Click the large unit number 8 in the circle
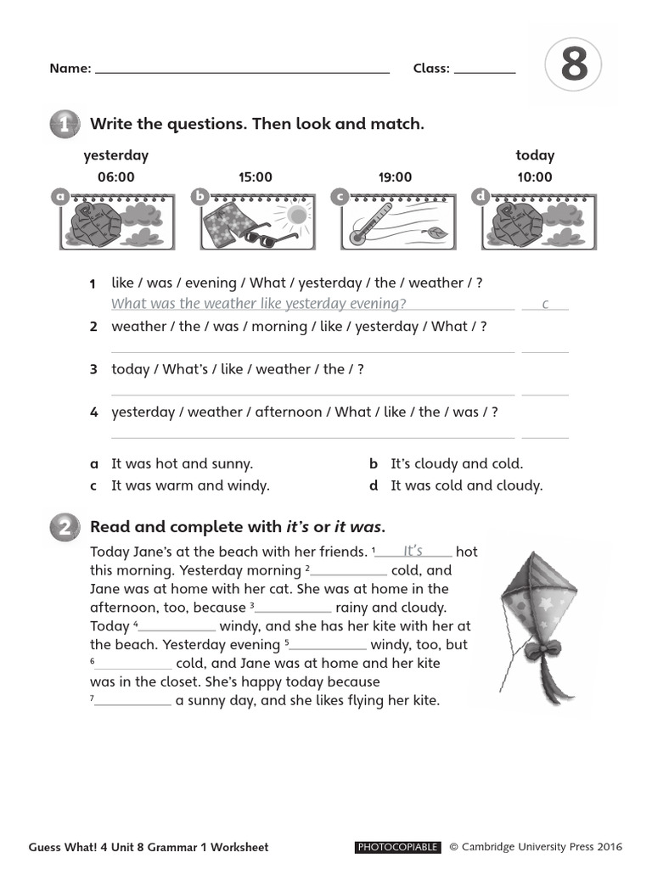pyautogui.click(x=574, y=66)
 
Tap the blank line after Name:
pyautogui.click(x=242, y=70)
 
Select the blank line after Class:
pyautogui.click(x=485, y=70)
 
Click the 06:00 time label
pyautogui.click(x=116, y=177)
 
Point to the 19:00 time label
pyautogui.click(x=395, y=177)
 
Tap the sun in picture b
pyautogui.click(x=296, y=215)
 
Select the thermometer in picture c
pyautogui.click(x=372, y=222)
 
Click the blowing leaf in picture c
pyautogui.click(x=436, y=233)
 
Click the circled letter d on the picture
pyautogui.click(x=481, y=197)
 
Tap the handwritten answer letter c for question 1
pyautogui.click(x=545, y=304)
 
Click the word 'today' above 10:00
pyautogui.click(x=535, y=155)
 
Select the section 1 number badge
pyautogui.click(x=65, y=125)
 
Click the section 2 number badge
pyautogui.click(x=65, y=527)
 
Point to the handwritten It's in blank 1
pyautogui.click(x=413, y=551)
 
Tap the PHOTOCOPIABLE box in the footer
pyautogui.click(x=397, y=847)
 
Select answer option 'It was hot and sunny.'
pyautogui.click(x=182, y=464)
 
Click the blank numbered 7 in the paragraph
pyautogui.click(x=132, y=701)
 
